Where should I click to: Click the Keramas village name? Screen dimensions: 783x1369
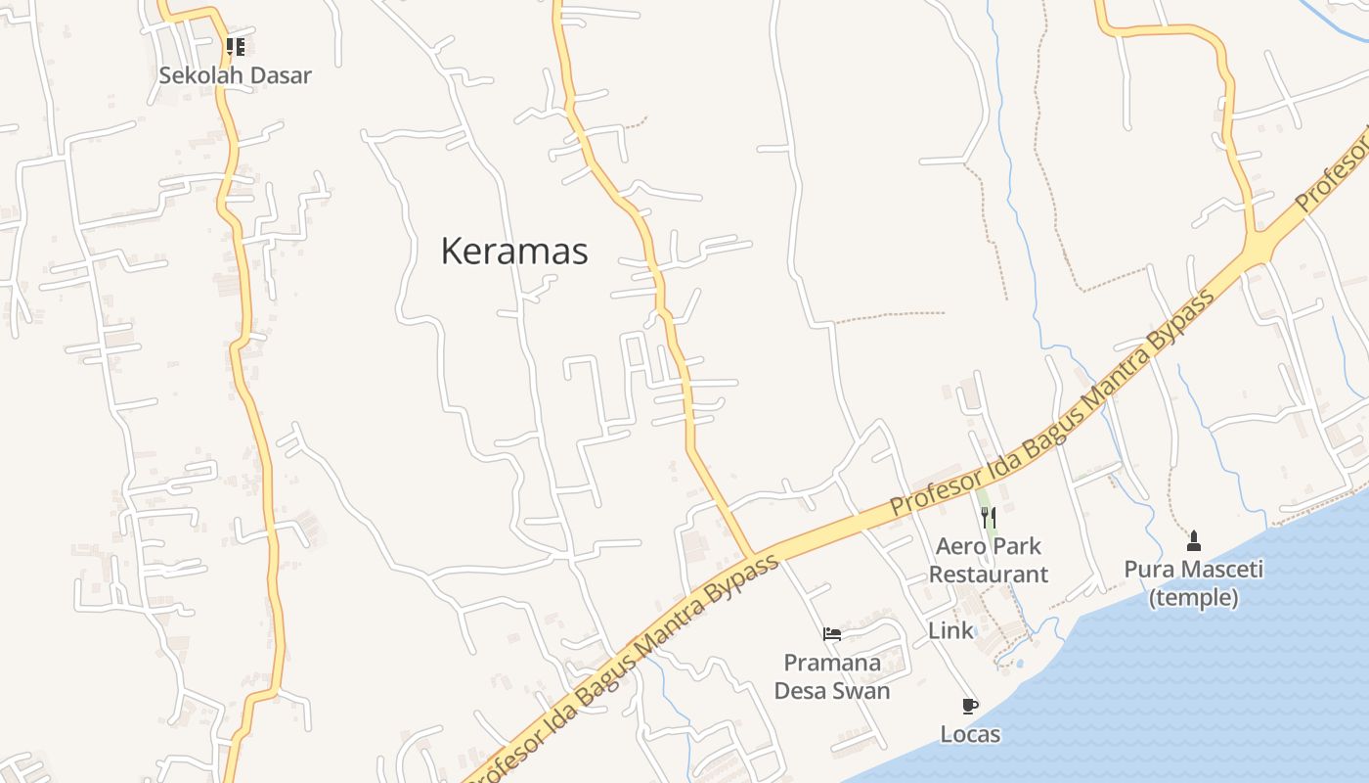[514, 252]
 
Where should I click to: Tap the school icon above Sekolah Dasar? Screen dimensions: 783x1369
[235, 46]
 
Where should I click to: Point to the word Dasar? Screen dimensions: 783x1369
[280, 75]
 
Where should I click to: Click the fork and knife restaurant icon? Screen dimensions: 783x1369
[989, 518]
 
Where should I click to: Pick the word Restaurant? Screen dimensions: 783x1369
[989, 575]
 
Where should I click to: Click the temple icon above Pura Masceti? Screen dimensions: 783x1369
[1193, 540]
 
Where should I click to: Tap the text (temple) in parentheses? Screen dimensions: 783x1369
[1193, 597]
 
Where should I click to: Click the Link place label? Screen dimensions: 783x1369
[951, 631]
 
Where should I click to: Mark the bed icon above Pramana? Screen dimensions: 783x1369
[832, 634]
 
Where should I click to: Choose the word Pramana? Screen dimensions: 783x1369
[832, 663]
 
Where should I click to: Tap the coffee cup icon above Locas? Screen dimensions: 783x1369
[970, 706]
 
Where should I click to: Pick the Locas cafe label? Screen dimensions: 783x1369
[970, 734]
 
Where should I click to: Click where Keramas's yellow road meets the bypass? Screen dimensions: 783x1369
[751, 556]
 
